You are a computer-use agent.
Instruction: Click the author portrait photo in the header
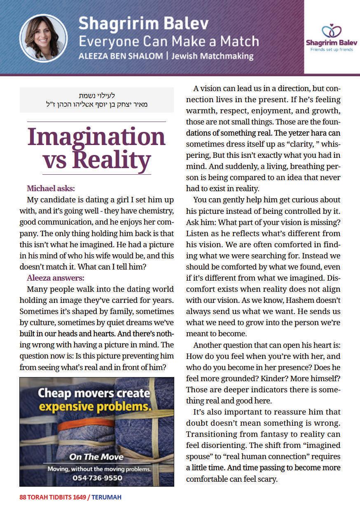tap(43, 38)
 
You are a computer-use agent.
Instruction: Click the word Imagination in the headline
tap(96, 137)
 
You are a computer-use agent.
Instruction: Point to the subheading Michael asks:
tap(51, 189)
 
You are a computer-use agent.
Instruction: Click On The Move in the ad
tap(96, 457)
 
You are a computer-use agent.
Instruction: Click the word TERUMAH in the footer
tap(106, 497)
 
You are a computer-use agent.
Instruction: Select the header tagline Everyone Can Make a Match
tap(168, 41)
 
